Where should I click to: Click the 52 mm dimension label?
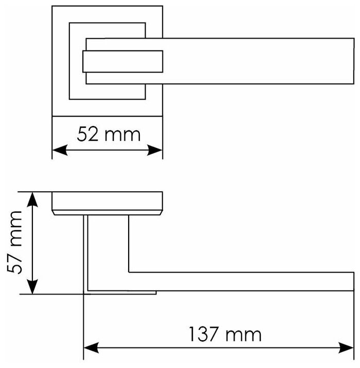(109, 135)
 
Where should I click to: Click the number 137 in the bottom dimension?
(204, 335)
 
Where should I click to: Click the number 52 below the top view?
(87, 135)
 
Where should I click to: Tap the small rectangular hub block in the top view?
(122, 62)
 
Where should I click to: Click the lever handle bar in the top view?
(257, 61)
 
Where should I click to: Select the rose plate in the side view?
(107, 203)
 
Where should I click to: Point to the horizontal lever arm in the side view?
(242, 281)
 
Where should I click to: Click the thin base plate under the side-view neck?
(121, 292)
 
